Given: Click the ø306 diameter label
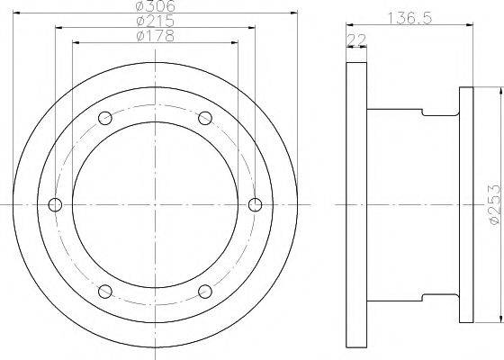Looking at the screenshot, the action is [x=156, y=5].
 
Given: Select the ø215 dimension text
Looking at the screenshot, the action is [x=156, y=22].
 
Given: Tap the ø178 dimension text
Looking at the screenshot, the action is [x=156, y=36].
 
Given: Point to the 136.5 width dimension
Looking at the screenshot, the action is [x=409, y=18].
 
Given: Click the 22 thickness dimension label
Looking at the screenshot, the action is [x=356, y=40].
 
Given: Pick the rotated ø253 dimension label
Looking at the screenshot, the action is [x=494, y=204].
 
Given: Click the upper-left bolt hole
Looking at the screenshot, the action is [x=105, y=118].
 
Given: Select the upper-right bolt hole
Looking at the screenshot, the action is [x=205, y=118].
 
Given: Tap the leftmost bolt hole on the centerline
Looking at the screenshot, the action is [x=55, y=205].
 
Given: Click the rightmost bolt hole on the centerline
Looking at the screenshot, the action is [x=256, y=205].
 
